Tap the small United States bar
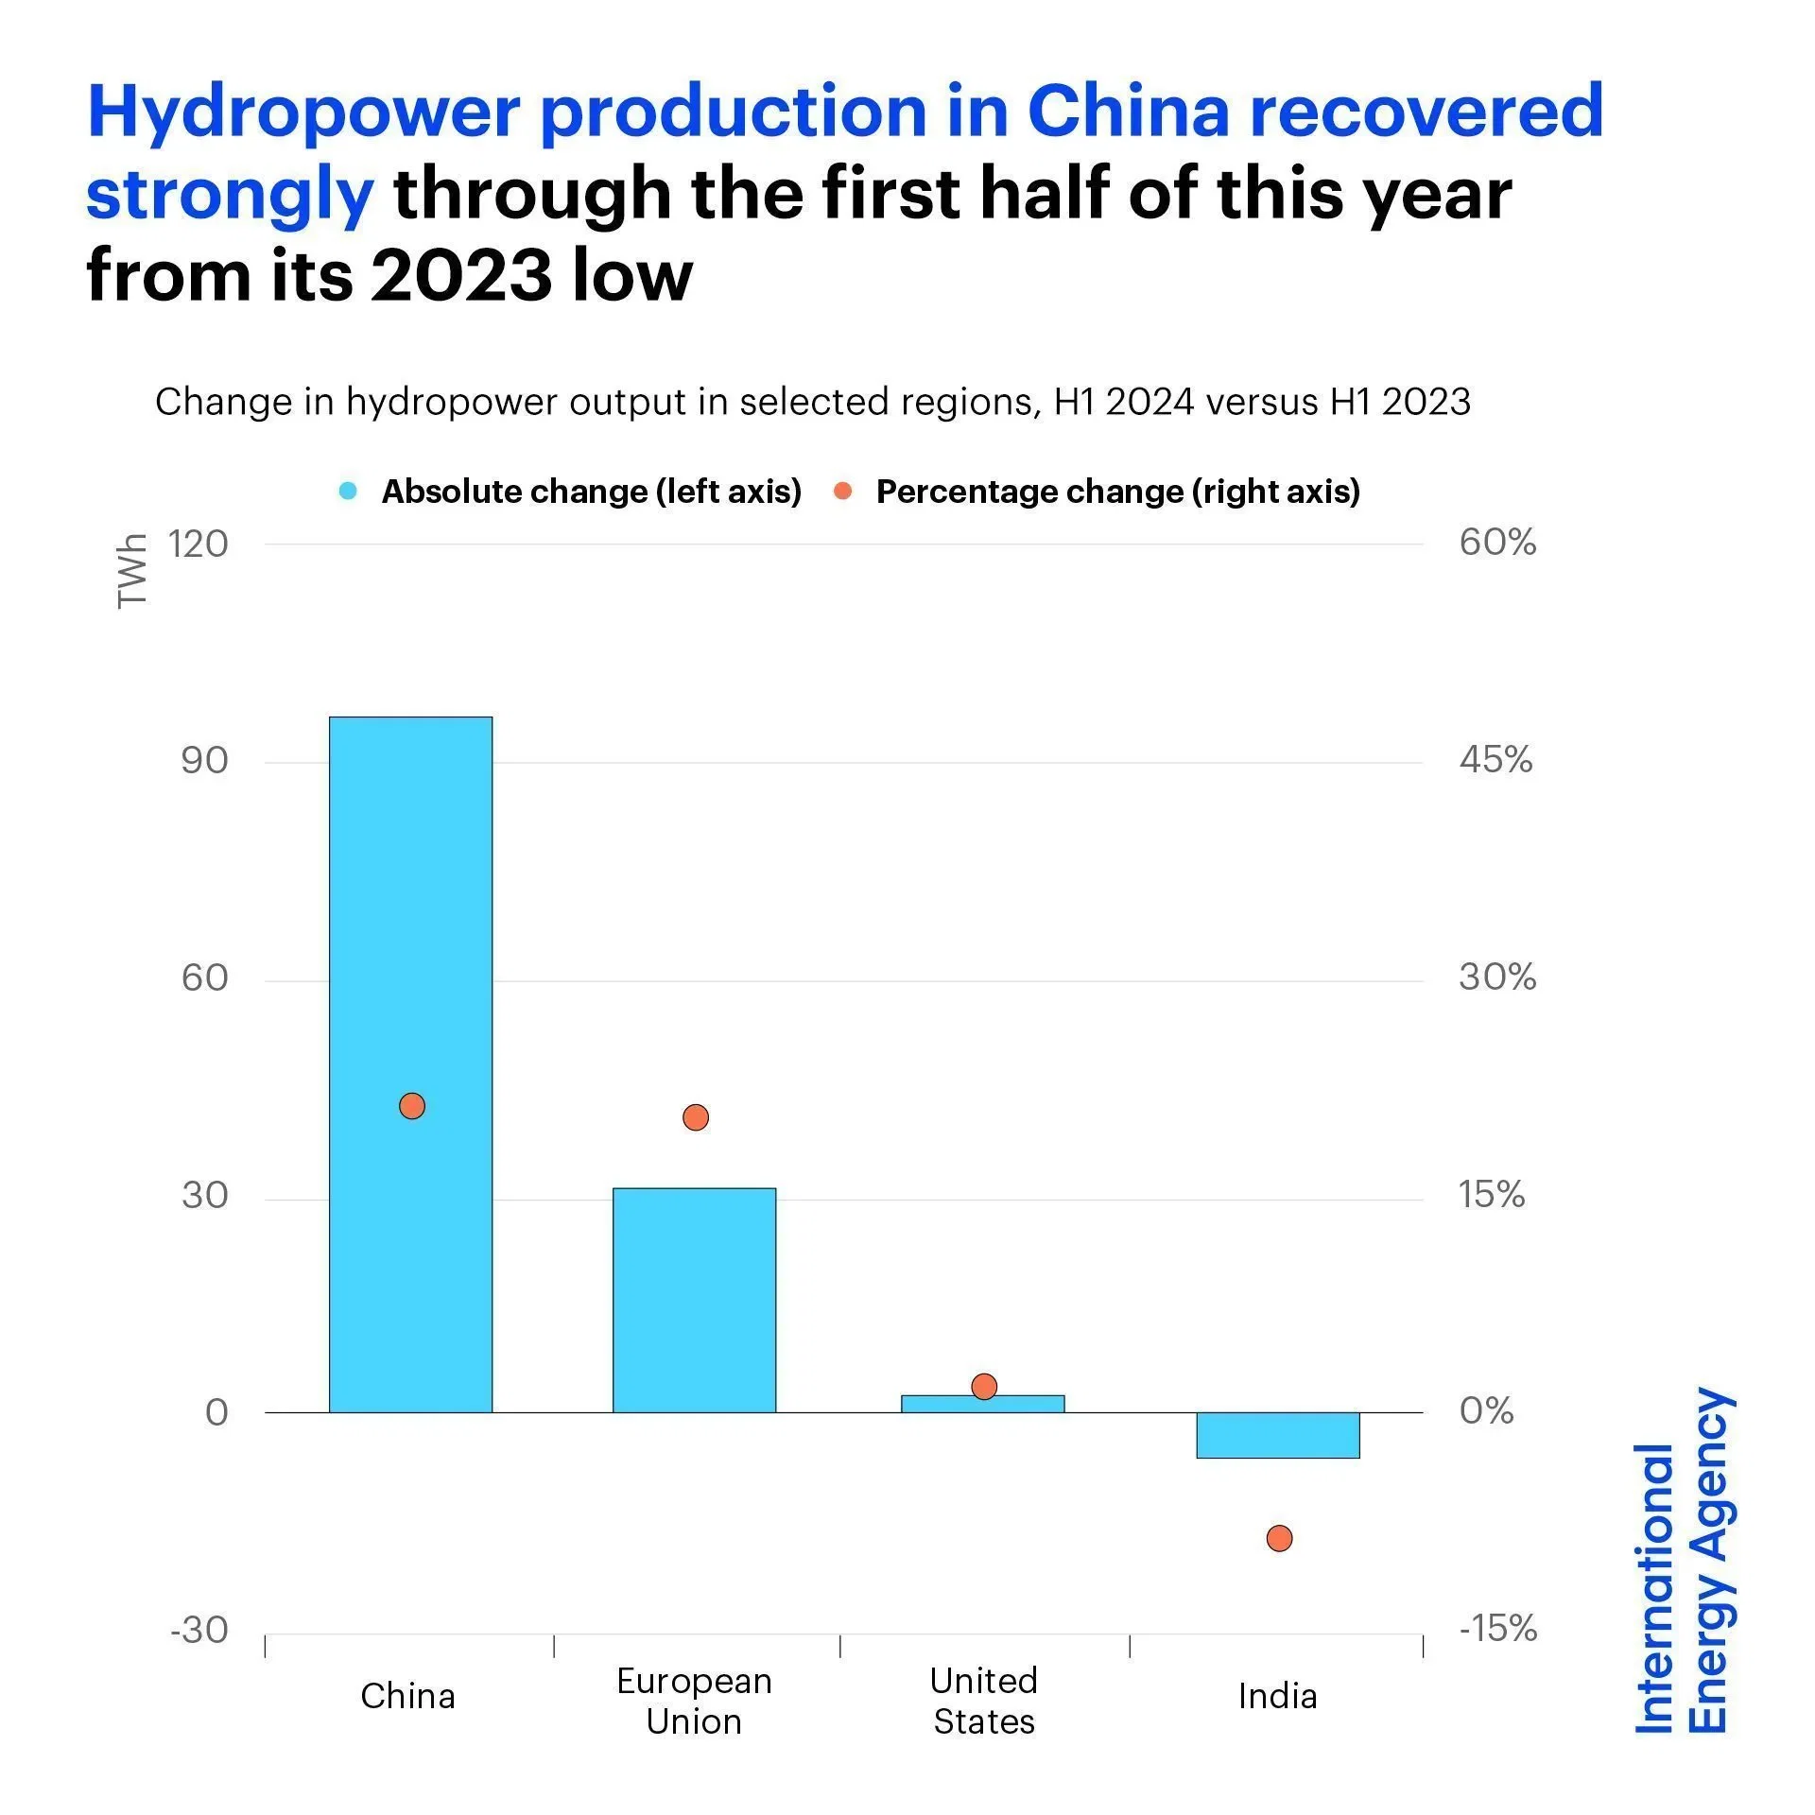coord(983,1404)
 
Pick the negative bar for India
coord(1277,1435)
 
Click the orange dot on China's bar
coord(412,1106)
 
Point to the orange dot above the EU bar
coord(695,1117)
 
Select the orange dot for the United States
coord(984,1387)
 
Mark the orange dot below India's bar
coord(1279,1538)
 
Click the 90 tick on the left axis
coord(204,761)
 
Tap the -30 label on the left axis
coord(199,1631)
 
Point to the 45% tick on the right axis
coord(1495,760)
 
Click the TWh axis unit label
coord(132,571)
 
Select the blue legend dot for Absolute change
coord(348,492)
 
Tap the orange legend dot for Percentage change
coord(843,492)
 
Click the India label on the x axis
coord(1277,1696)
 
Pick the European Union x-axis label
coord(694,1701)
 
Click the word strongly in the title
coord(230,194)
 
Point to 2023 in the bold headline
coord(461,276)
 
